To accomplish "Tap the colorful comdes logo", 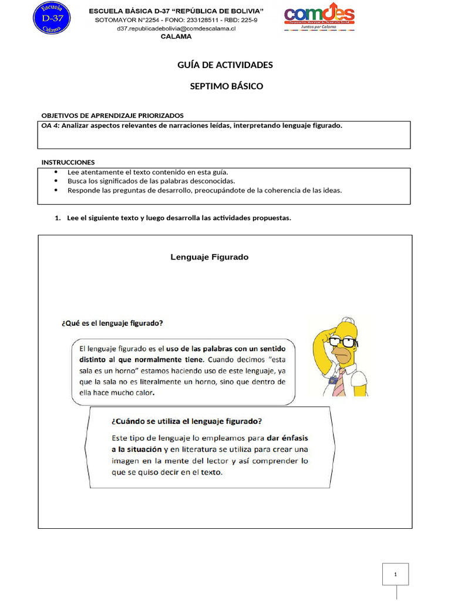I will [x=319, y=21].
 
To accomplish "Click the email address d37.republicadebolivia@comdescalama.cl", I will [x=176, y=28].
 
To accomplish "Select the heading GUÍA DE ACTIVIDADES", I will [x=225, y=65].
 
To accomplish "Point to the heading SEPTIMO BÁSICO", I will [x=226, y=86].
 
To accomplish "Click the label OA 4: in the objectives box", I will [x=51, y=126].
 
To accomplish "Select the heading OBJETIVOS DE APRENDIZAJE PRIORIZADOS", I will [x=112, y=115].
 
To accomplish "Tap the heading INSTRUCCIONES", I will [x=68, y=162].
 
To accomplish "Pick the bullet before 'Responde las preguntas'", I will [x=56, y=190].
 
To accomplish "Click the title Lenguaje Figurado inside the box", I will [x=209, y=257].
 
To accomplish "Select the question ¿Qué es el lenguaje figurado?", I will [x=112, y=323].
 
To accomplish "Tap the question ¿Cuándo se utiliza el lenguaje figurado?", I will [x=186, y=421].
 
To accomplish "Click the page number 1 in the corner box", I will [x=395, y=575].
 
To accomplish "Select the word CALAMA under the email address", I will [x=176, y=36].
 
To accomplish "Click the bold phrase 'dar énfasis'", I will [x=287, y=438].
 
